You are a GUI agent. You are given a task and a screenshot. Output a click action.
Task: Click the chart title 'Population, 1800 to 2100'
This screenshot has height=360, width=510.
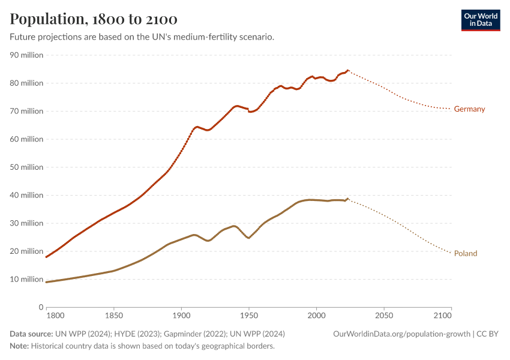tap(94, 19)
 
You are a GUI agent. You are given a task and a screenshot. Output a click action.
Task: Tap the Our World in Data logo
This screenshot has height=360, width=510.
tap(480, 20)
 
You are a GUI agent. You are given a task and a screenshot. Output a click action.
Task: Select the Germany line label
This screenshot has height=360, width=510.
tap(469, 109)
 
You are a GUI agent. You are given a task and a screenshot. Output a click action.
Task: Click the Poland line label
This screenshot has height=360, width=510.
tap(466, 253)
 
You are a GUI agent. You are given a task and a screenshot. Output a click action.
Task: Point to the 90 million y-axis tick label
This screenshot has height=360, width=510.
tap(27, 55)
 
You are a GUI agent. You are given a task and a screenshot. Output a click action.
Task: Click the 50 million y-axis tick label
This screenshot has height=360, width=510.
tap(27, 167)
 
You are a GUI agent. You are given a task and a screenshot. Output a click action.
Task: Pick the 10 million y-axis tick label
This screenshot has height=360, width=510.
tap(27, 279)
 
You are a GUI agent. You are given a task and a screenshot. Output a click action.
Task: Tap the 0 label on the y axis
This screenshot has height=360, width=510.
tap(40, 307)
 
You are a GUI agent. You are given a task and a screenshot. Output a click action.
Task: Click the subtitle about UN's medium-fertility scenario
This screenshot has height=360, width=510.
tap(142, 37)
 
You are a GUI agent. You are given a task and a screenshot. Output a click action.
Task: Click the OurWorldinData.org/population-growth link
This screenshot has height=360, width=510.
tap(401, 334)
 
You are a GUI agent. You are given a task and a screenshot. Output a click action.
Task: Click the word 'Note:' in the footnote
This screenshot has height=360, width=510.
tap(19, 346)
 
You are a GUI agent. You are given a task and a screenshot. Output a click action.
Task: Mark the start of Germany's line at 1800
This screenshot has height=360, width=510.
tap(47, 257)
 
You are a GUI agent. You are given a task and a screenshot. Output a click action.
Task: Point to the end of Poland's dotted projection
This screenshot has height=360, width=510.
tap(451, 253)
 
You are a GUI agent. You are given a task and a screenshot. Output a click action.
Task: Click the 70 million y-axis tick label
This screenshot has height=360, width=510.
tap(27, 111)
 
